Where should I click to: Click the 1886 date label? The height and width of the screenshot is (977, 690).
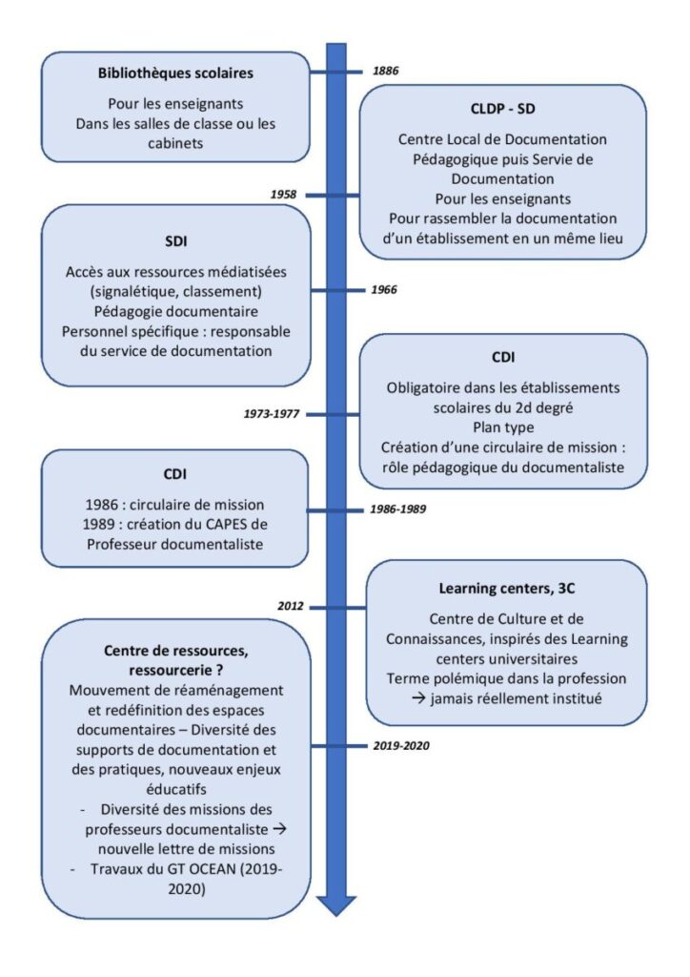(x=385, y=71)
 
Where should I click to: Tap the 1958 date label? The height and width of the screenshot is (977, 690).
(x=283, y=195)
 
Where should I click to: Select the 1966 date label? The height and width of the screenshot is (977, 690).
(x=384, y=290)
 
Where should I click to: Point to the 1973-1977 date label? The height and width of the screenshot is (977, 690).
(x=272, y=414)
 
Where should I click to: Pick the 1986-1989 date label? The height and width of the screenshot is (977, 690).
(x=398, y=509)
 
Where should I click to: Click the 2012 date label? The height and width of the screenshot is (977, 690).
(x=291, y=606)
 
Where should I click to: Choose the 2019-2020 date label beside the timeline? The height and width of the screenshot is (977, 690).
(x=401, y=745)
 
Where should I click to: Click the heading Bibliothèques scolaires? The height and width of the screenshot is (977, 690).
(x=175, y=73)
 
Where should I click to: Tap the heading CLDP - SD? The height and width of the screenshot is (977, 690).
(x=502, y=109)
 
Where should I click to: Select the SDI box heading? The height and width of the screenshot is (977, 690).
(x=176, y=241)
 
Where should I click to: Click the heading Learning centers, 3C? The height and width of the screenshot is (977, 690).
(x=506, y=588)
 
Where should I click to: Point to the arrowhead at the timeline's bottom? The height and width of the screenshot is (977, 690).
(x=336, y=906)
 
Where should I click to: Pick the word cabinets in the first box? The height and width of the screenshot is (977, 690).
(x=175, y=143)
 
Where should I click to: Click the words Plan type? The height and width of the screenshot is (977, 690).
(x=502, y=427)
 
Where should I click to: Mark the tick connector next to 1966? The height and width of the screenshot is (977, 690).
(x=336, y=290)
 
